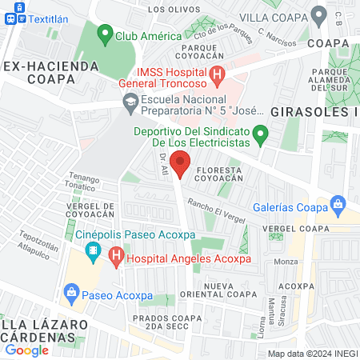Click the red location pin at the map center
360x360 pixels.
point(180,163)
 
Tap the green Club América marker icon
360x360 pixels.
point(104,34)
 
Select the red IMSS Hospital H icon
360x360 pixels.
point(217,75)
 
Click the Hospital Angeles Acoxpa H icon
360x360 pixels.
point(117,258)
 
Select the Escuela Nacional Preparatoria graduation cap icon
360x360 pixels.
point(129,102)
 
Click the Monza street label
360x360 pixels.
point(286,262)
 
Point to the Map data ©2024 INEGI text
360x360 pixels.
point(311,353)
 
